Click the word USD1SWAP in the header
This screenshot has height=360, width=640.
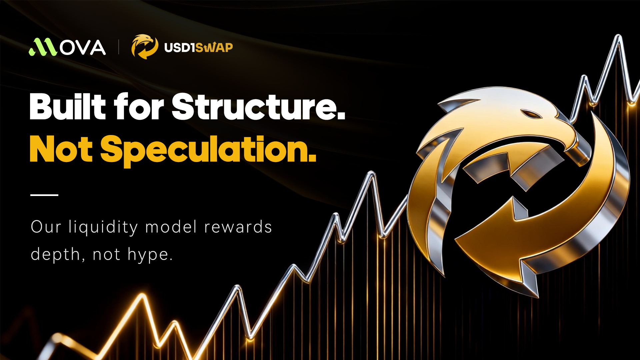point(198,47)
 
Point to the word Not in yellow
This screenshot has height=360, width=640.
point(61,149)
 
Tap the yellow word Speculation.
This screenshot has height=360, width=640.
point(208,151)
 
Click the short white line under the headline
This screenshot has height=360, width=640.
point(44,195)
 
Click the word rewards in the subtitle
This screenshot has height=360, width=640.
point(238,227)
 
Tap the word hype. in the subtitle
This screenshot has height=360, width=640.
point(150,255)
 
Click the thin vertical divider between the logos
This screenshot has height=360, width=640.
point(119,47)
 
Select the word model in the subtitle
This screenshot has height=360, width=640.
point(171,227)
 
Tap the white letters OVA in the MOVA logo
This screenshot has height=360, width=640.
point(83,47)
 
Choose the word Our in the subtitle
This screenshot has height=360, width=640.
point(46,227)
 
